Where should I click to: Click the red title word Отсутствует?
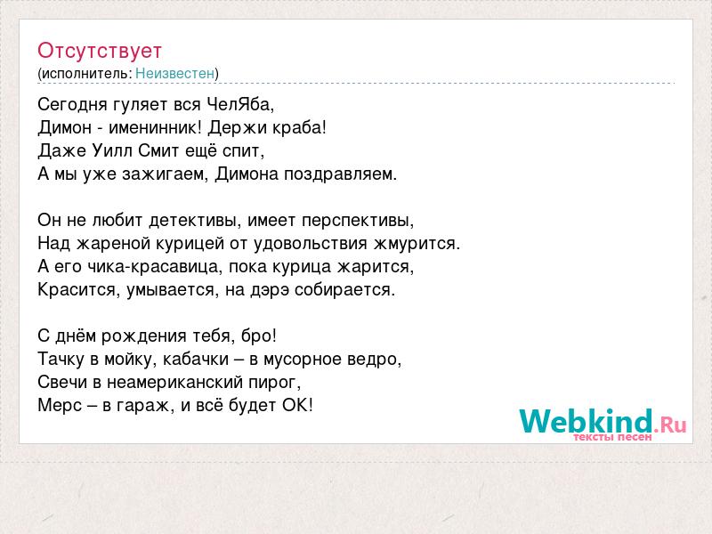point(100,51)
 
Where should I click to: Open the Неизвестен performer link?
point(174,74)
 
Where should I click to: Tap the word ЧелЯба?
point(240,105)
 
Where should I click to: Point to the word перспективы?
point(358,221)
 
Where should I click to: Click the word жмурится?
point(417,244)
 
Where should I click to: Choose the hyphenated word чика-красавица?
point(154,267)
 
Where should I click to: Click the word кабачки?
point(196,360)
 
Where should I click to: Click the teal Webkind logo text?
point(586,421)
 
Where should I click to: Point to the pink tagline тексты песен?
point(612,437)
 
